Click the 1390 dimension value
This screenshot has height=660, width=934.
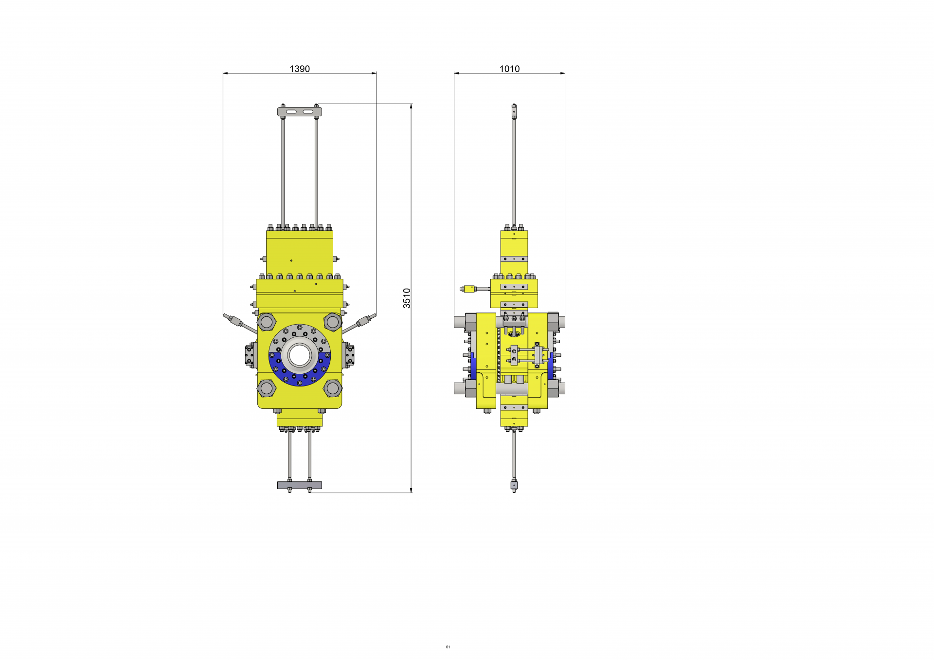click(x=300, y=69)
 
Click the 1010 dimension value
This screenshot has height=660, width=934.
click(x=509, y=69)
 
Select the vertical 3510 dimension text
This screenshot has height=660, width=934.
click(x=407, y=298)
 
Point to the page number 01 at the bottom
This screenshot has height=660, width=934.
click(x=448, y=647)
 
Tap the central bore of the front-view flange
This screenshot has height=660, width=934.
click(x=300, y=355)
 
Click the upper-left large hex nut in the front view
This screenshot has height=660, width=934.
click(x=267, y=322)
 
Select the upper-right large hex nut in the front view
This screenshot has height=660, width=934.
click(x=333, y=322)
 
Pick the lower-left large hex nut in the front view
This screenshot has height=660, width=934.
click(x=267, y=388)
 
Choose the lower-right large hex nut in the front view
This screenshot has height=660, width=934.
click(x=333, y=388)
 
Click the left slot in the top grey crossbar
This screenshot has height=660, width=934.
click(x=291, y=112)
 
